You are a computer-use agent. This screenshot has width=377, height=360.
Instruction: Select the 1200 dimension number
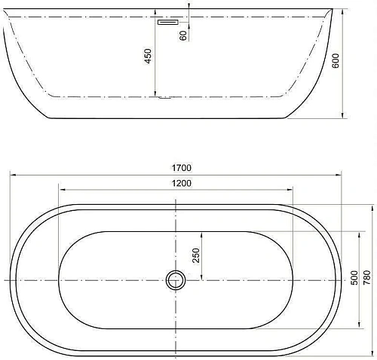(181, 184)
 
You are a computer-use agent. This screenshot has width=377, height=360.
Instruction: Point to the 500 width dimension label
(354, 278)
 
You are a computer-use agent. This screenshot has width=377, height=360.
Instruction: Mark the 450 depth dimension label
(149, 56)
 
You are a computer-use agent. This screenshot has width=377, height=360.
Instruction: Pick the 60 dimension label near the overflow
(183, 35)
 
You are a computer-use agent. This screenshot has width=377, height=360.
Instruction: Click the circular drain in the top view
(176, 280)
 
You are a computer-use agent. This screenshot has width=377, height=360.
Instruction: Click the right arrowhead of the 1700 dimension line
(341, 174)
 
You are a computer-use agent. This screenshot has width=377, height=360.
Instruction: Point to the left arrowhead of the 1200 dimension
(61, 190)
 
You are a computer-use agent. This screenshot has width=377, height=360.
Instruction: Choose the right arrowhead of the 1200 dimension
(291, 190)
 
